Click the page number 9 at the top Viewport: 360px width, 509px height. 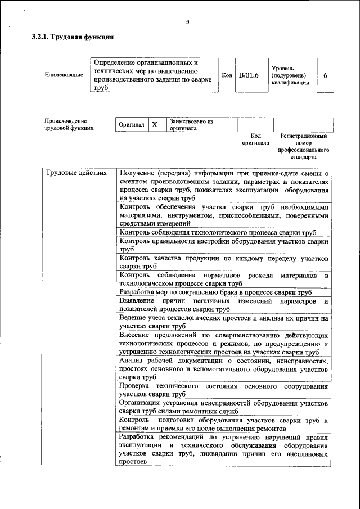tap(187, 22)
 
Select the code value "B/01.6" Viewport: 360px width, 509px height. tap(248, 75)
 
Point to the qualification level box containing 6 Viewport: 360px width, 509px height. tap(325, 75)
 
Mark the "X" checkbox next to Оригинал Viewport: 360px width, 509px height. tap(155, 124)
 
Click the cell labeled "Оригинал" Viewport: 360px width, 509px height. tap(131, 124)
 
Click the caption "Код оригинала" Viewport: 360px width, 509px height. tap(255, 139)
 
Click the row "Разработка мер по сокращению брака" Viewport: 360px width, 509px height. tap(215, 292)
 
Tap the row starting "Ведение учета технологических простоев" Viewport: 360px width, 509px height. tap(224, 322)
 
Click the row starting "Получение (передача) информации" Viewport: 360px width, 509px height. tap(224, 186)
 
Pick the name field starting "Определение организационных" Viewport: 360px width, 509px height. tap(154, 75)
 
